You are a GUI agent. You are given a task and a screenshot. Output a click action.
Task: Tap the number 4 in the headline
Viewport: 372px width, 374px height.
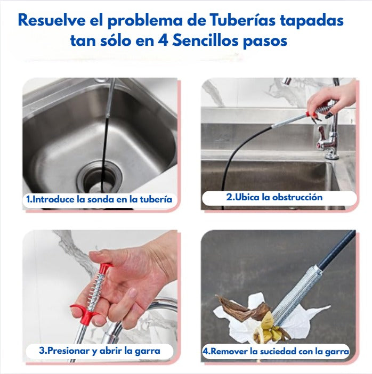point(163,40)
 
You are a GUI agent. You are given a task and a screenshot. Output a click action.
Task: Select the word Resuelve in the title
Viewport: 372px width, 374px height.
point(52,20)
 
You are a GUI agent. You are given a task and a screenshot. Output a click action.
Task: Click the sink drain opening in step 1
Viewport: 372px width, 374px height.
point(100,177)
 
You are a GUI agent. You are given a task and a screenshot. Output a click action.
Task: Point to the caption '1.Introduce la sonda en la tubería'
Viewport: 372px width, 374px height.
point(99,199)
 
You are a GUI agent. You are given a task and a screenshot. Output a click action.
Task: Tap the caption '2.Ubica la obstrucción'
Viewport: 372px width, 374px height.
point(274,197)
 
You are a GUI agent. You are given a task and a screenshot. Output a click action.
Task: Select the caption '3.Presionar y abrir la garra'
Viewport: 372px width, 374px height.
point(100,351)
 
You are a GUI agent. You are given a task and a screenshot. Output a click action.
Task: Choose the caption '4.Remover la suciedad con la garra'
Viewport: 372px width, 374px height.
point(276,351)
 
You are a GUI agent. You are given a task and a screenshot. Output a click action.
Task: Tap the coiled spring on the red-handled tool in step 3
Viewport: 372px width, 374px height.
point(95,291)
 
